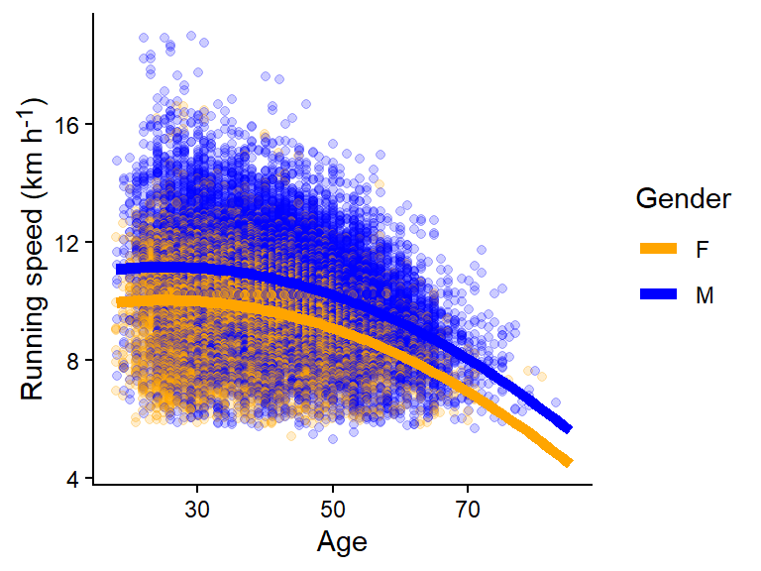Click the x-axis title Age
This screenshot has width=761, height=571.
(x=342, y=542)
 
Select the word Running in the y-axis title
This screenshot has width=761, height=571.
(x=32, y=353)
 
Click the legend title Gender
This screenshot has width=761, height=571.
(x=684, y=198)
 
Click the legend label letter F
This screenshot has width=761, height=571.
(x=702, y=248)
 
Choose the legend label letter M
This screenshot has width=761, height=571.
(x=705, y=294)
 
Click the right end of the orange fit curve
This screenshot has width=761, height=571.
(x=568, y=461)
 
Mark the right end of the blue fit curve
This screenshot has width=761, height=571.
(x=568, y=428)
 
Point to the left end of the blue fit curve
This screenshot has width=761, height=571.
(x=118, y=269)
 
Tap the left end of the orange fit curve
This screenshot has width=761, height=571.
(x=118, y=302)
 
